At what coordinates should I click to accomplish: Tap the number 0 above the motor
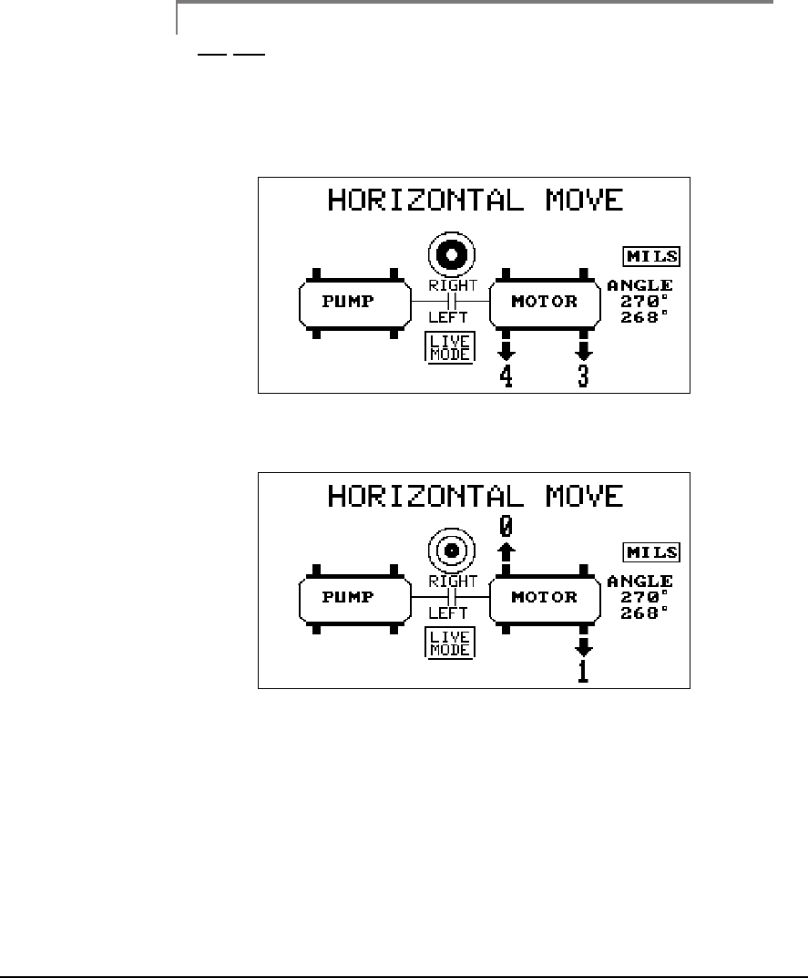(506, 526)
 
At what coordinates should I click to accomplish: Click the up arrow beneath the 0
(506, 551)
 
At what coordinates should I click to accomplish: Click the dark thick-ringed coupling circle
(452, 252)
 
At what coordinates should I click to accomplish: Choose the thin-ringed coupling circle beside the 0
(448, 550)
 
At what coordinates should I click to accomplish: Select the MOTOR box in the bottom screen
(545, 598)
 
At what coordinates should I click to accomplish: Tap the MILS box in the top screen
(651, 257)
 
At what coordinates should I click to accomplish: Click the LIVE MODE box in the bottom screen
(448, 643)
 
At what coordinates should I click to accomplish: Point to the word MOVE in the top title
(578, 200)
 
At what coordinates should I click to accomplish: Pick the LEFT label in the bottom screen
(448, 613)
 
